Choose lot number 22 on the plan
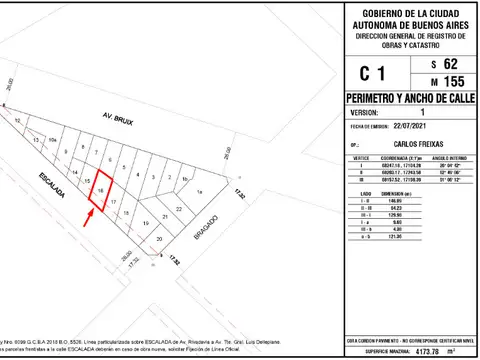click(179, 207)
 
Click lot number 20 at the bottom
click(159, 240)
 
